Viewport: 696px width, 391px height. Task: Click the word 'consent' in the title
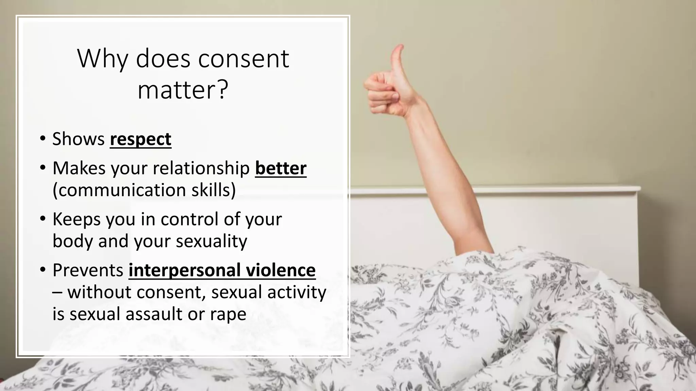pyautogui.click(x=243, y=59)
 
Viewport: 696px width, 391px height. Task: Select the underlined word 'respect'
pyautogui.click(x=140, y=139)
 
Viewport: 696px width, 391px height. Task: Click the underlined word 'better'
pyautogui.click(x=281, y=168)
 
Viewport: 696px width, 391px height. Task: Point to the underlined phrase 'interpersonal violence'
pyautogui.click(x=222, y=270)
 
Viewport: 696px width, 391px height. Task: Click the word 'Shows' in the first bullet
pyautogui.click(x=79, y=139)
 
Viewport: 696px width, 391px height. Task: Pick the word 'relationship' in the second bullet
pyautogui.click(x=196, y=168)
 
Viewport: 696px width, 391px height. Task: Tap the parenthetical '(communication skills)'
pyautogui.click(x=144, y=190)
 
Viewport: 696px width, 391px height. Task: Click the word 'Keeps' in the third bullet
pyautogui.click(x=76, y=219)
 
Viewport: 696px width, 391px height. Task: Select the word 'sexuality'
pyautogui.click(x=211, y=241)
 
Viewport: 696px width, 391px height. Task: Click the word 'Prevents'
pyautogui.click(x=88, y=270)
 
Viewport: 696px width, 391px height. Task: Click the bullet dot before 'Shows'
pyautogui.click(x=42, y=139)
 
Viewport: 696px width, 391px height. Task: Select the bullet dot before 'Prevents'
pyautogui.click(x=42, y=270)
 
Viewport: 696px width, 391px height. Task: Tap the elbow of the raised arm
pyautogui.click(x=467, y=190)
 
